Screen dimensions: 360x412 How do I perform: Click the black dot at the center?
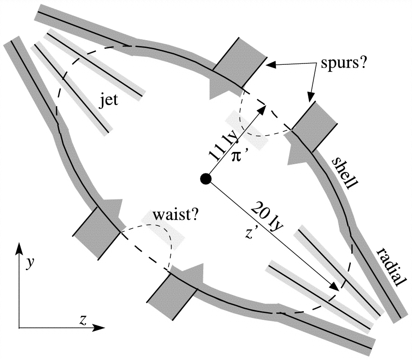pyautogui.click(x=206, y=178)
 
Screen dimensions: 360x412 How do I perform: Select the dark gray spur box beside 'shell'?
pyautogui.click(x=315, y=126)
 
